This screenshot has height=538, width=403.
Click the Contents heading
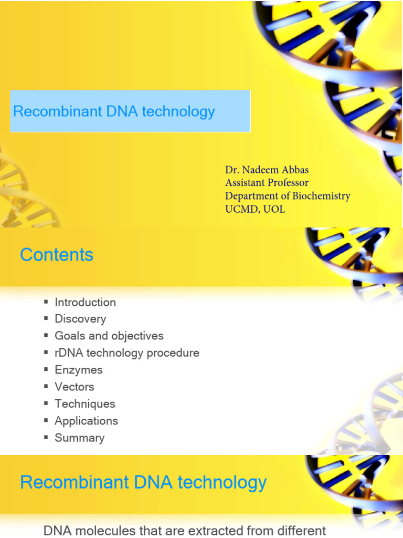57,255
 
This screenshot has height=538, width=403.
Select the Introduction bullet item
85,302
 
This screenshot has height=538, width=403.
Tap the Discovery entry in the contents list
80,319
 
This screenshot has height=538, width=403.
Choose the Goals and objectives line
109,336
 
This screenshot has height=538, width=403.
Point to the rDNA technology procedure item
127,353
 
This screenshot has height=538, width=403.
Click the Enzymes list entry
79,370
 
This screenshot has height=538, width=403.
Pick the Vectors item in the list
75,387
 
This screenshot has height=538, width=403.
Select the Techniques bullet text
85,404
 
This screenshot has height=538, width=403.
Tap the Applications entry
87,421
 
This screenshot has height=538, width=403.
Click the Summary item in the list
80,438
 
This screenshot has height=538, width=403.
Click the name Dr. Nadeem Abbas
267,170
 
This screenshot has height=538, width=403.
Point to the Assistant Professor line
267,183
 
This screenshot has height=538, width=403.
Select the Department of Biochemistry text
288,196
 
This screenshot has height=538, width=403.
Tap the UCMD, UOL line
255,209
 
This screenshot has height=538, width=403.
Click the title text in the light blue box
114,111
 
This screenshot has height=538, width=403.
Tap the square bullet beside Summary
46,437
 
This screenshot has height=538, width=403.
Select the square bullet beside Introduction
46,302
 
